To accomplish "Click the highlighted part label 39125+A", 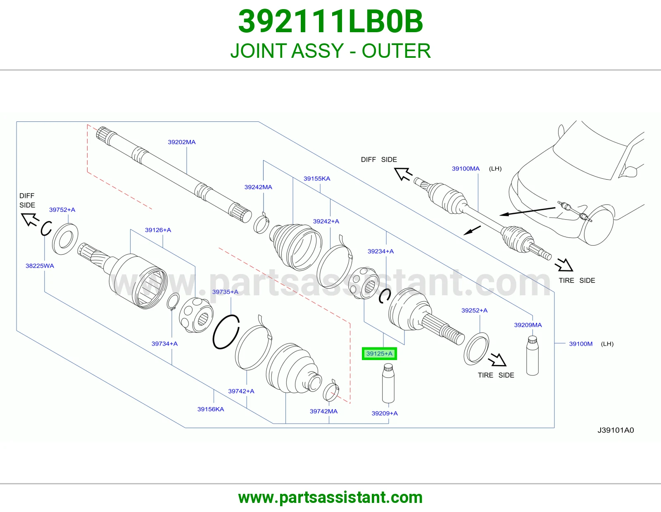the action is pyautogui.click(x=379, y=353).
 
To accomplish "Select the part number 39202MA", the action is pyautogui.click(x=182, y=142).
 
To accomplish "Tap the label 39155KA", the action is pyautogui.click(x=316, y=178).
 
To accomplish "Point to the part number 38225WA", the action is pyautogui.click(x=40, y=266).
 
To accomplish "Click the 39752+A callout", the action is pyautogui.click(x=62, y=209).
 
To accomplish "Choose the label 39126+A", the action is pyautogui.click(x=158, y=230).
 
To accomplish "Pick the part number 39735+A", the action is pyautogui.click(x=225, y=292).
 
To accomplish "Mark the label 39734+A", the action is pyautogui.click(x=164, y=344).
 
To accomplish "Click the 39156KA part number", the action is pyautogui.click(x=211, y=409).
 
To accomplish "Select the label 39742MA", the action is pyautogui.click(x=323, y=411).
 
